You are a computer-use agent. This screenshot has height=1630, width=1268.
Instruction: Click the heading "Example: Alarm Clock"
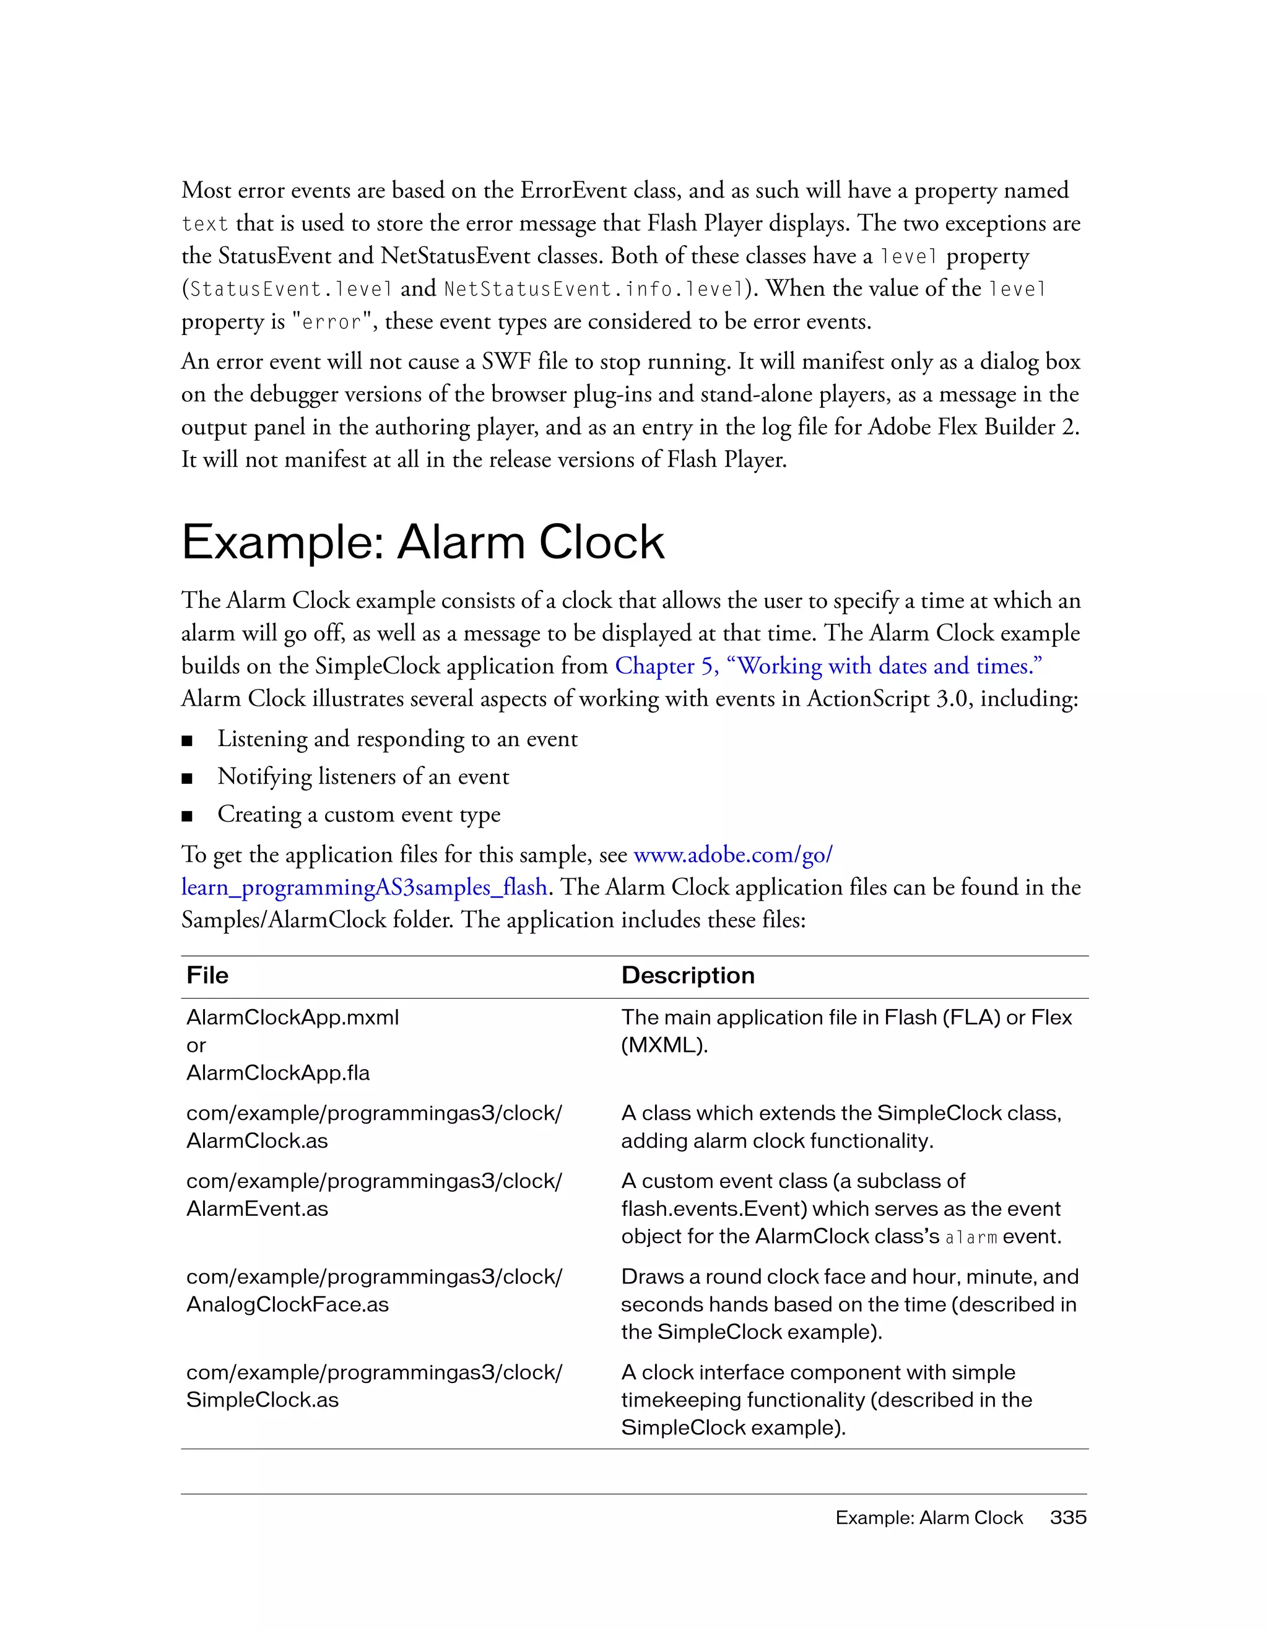pos(422,542)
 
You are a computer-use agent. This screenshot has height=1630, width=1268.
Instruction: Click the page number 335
pos(1068,1517)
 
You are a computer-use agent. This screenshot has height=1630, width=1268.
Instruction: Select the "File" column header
pos(207,976)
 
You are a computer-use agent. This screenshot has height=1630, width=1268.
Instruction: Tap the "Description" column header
pos(687,976)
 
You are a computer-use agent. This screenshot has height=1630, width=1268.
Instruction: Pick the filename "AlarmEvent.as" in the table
pos(257,1208)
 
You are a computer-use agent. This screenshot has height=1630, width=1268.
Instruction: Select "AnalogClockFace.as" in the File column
pos(287,1304)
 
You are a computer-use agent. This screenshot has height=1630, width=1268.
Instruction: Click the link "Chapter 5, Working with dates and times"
pos(828,665)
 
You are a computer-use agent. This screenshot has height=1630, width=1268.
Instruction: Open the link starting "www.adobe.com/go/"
pos(732,854)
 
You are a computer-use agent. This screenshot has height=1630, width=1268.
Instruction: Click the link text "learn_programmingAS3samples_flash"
pos(364,887)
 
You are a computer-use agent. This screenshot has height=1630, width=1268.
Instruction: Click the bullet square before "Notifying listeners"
pos(188,778)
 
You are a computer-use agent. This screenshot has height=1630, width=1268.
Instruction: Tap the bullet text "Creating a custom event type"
pos(358,814)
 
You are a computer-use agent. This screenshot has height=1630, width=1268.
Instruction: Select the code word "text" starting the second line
pos(204,224)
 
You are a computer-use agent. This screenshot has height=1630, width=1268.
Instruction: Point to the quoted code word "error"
pos(331,323)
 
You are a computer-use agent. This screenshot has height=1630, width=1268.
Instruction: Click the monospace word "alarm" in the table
pos(970,1238)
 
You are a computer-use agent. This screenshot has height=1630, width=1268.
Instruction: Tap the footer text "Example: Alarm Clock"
pos(929,1517)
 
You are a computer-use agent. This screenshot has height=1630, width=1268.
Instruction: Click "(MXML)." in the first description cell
pos(664,1045)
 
